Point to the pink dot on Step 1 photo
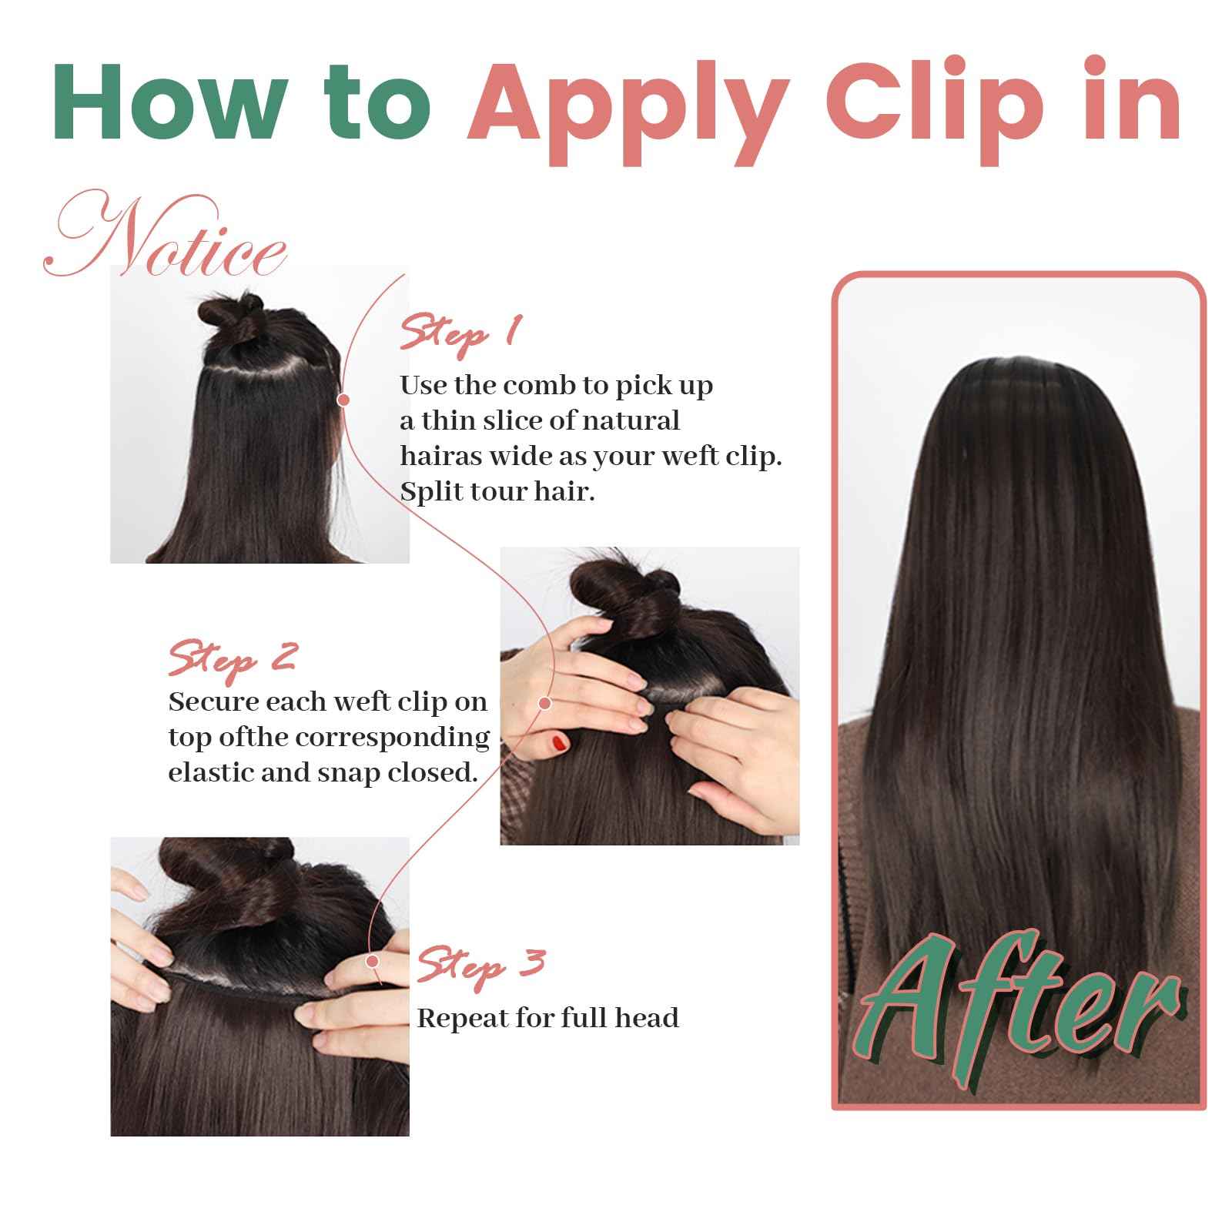(343, 400)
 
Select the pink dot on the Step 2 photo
(545, 703)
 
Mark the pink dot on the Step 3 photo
(373, 961)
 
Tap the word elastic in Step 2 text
(211, 772)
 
